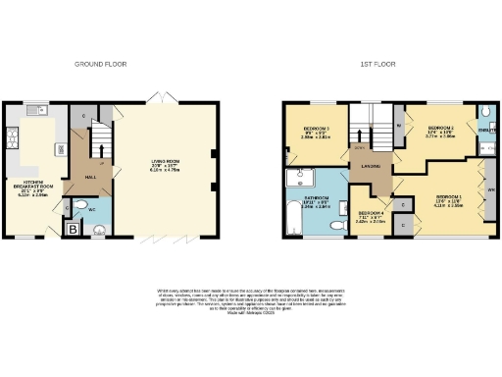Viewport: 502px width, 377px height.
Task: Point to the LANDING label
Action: [369, 166]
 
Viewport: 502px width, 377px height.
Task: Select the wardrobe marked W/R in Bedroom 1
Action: [490, 188]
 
